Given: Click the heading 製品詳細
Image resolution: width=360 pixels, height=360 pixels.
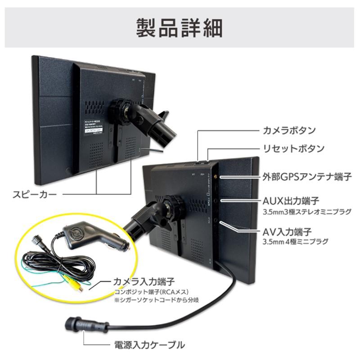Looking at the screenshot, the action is [x=180, y=28].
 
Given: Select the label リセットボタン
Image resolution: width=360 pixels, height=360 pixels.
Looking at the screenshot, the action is [x=292, y=148].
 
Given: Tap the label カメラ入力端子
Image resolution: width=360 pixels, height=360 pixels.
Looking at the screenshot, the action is [x=144, y=282].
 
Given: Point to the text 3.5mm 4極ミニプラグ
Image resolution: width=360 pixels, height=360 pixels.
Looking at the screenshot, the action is [x=295, y=242].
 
